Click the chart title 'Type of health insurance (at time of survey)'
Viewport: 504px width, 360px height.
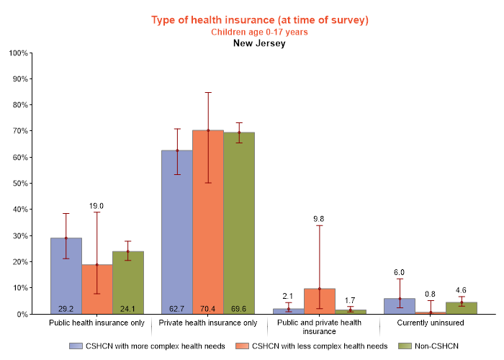[260, 20]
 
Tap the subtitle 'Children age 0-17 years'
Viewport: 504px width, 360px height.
[260, 32]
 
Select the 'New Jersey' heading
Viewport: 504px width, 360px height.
[260, 43]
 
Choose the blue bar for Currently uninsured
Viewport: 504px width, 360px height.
[400, 306]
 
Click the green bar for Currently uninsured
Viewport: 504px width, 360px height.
[462, 307]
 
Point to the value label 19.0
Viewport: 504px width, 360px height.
[96, 206]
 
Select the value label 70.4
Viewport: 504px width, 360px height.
[208, 309]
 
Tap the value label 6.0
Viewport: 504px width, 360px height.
[400, 272]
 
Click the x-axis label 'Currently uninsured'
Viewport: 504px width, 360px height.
[431, 323]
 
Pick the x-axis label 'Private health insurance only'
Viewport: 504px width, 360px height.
[208, 323]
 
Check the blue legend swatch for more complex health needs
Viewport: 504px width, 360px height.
[76, 346]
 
